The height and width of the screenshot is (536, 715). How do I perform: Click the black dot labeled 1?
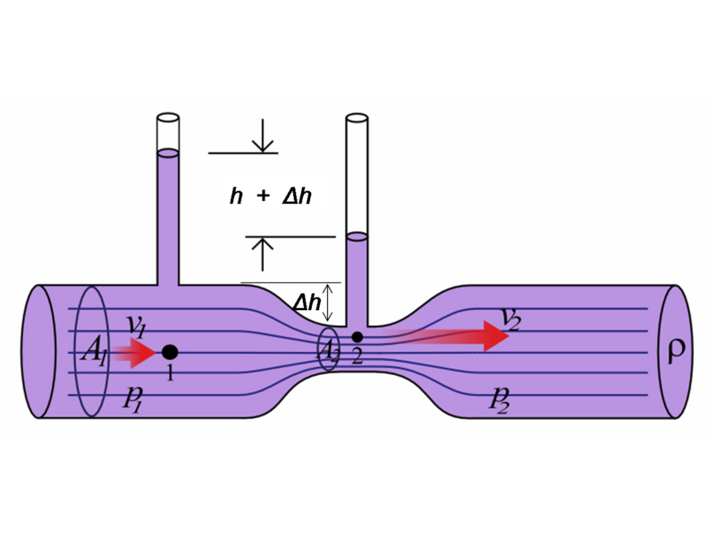tap(170, 352)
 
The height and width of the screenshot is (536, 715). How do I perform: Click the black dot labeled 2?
tap(357, 337)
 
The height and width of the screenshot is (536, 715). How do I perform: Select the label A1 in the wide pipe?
tap(94, 353)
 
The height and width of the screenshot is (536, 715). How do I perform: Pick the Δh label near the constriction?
tap(307, 304)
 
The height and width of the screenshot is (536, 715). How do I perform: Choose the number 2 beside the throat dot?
tap(357, 357)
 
